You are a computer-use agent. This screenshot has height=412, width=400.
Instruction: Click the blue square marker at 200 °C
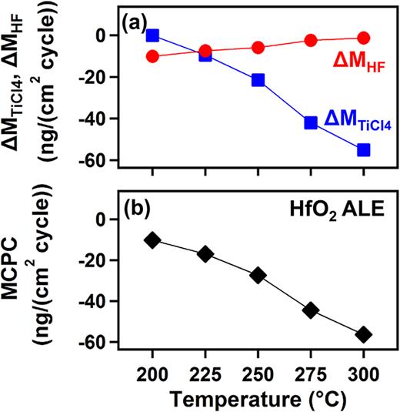click(x=152, y=35)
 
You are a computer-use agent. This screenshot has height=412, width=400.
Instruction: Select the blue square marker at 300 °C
click(x=364, y=149)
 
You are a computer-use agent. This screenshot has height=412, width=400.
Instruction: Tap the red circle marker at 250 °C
click(x=258, y=48)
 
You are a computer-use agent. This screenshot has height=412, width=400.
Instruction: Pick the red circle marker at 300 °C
click(x=364, y=38)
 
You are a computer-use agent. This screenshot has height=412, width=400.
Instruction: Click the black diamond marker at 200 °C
click(x=152, y=240)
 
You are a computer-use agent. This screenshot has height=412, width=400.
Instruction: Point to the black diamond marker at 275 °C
click(x=311, y=310)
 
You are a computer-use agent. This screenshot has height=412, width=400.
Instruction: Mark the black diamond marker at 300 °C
click(x=364, y=334)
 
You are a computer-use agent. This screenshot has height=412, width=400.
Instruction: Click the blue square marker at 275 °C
click(x=311, y=122)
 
